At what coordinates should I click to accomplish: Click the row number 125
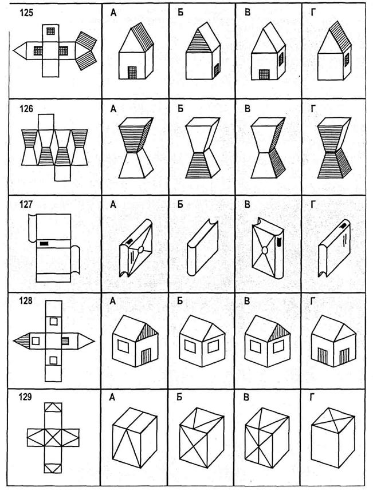tap(26, 13)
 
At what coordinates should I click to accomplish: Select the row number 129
tap(26, 397)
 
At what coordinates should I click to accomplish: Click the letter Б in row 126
tap(180, 109)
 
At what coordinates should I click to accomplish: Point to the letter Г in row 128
tap(313, 301)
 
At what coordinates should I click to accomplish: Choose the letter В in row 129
tap(247, 398)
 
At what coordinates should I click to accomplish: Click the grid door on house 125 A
tap(132, 73)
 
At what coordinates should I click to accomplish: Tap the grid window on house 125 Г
tap(347, 60)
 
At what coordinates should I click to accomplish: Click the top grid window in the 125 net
tap(50, 31)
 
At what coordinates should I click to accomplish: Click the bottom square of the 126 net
tap(62, 173)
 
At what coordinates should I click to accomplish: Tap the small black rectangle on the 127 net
tap(44, 243)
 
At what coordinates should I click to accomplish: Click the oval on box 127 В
tap(265, 250)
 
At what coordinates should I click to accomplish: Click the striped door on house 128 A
tap(146, 356)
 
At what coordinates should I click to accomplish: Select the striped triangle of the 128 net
tap(23, 341)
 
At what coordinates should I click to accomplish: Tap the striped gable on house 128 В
tap(280, 334)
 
